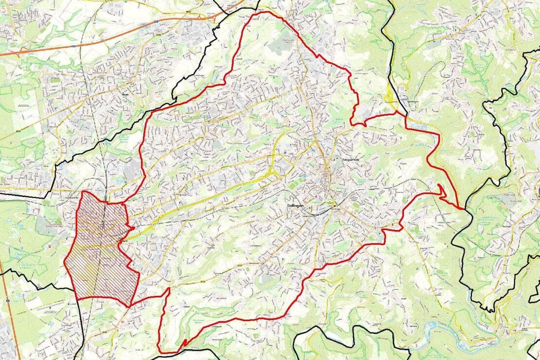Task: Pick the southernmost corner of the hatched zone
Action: [x=130, y=306]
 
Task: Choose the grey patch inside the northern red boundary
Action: [x=279, y=47]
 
